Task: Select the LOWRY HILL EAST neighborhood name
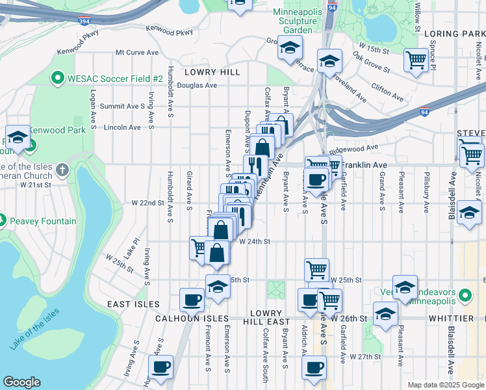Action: (x=266, y=318)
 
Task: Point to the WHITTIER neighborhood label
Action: (x=452, y=318)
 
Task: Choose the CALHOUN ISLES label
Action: (x=192, y=318)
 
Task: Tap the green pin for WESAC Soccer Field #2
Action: (x=57, y=79)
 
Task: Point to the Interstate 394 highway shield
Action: (x=84, y=21)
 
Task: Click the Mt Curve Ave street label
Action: (x=137, y=52)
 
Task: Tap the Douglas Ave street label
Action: (x=196, y=85)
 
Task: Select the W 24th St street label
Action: (x=254, y=241)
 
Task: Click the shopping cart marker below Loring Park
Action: (x=416, y=60)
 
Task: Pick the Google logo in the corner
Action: (x=21, y=382)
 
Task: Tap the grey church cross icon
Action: (x=62, y=170)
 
